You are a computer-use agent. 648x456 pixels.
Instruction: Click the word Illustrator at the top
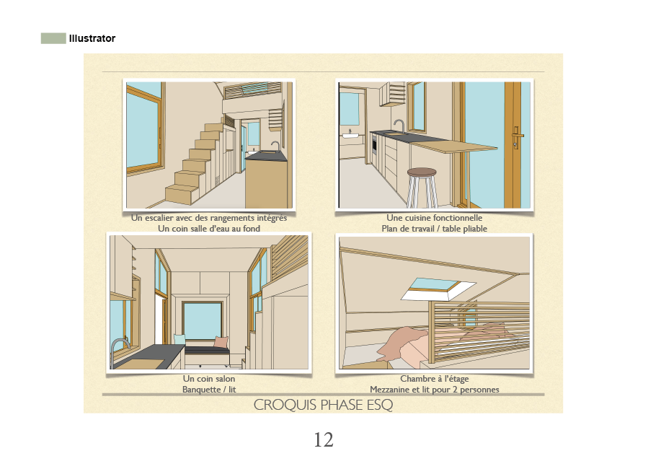[x=92, y=38]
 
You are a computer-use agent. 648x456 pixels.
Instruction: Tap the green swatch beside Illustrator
[x=53, y=38]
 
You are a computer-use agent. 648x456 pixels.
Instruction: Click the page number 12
[x=324, y=439]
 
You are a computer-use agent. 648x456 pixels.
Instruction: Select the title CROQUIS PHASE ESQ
[x=323, y=405]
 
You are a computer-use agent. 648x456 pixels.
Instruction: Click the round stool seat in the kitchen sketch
[x=422, y=172]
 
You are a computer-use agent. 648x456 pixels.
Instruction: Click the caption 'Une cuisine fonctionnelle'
[x=434, y=218]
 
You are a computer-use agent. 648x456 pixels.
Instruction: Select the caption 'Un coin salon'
[x=209, y=379]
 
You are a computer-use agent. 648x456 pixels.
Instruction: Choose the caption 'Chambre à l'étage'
[x=435, y=379]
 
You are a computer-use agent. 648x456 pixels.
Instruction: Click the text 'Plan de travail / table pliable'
[x=434, y=229]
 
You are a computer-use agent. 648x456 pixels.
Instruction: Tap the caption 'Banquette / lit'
[x=209, y=390]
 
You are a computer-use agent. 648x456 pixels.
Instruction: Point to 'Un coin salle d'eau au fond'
[x=209, y=229]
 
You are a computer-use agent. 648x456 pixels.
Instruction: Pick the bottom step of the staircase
[x=181, y=194]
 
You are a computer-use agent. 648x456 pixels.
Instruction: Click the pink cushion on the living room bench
[x=220, y=342]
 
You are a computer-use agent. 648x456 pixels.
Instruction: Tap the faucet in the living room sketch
[x=117, y=347]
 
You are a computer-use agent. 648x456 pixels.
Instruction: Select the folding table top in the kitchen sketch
[x=455, y=147]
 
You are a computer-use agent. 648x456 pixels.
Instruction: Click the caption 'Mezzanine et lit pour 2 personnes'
[x=435, y=390]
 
